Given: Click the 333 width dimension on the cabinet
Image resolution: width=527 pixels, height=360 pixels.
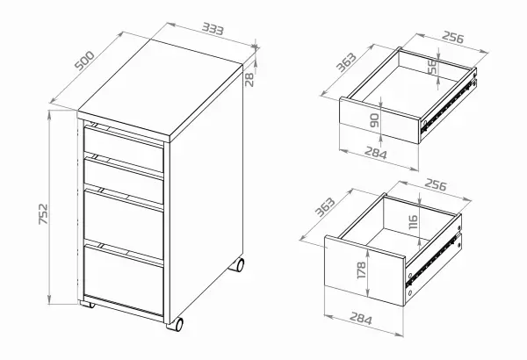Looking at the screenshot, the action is (x=213, y=29).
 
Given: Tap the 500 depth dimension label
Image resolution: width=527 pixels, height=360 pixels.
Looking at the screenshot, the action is (x=84, y=61).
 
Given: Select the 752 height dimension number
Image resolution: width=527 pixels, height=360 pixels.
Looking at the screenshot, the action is (x=43, y=214).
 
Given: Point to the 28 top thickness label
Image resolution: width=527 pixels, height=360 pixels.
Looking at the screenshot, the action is (x=249, y=80).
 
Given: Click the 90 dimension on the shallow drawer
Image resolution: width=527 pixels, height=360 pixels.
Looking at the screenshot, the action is (x=374, y=120).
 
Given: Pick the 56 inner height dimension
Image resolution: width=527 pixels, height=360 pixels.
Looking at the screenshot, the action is (x=433, y=67).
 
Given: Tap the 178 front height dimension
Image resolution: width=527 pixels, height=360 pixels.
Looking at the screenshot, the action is (x=362, y=270).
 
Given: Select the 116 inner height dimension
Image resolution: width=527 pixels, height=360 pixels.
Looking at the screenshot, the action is (x=413, y=222).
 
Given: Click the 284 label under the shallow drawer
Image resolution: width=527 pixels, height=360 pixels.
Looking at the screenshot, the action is (x=375, y=154).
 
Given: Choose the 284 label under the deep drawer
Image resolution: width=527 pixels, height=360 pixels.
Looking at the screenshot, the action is (x=361, y=319).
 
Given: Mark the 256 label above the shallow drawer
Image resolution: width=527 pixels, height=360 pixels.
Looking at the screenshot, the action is (x=452, y=37).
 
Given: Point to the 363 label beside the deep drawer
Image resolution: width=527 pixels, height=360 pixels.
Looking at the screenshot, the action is (x=325, y=207).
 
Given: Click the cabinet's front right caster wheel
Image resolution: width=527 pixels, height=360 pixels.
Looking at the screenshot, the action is (x=177, y=324).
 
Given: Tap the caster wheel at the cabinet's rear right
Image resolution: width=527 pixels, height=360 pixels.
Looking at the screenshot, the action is (x=237, y=265).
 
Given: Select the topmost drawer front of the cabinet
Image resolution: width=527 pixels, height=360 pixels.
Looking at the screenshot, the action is (x=123, y=149).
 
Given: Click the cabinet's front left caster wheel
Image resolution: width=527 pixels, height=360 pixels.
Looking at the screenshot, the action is (x=87, y=305).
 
